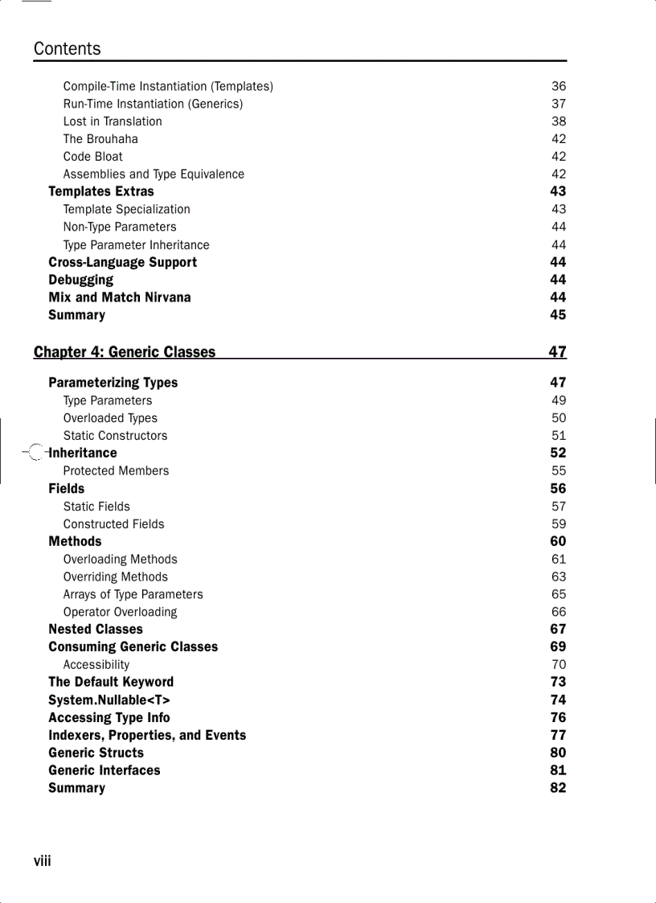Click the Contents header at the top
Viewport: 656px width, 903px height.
(x=68, y=49)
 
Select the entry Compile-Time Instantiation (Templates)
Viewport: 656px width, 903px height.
(x=168, y=86)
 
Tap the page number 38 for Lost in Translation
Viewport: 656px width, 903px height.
(x=558, y=121)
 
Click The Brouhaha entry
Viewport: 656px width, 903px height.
(x=100, y=139)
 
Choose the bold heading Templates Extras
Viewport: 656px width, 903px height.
(x=101, y=191)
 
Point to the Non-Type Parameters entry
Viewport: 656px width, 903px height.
(x=120, y=227)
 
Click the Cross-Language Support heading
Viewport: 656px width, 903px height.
(x=122, y=262)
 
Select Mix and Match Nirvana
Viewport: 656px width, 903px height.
(x=120, y=298)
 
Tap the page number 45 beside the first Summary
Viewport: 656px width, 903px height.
(x=558, y=315)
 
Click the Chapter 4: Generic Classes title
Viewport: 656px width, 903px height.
(x=125, y=352)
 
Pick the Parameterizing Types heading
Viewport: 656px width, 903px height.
(x=113, y=383)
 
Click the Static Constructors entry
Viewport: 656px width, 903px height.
(x=116, y=436)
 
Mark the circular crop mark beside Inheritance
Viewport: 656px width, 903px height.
(x=35, y=454)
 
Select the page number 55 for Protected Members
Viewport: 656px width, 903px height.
(x=558, y=471)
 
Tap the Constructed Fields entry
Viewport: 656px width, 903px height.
(x=114, y=524)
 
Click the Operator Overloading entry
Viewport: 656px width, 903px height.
(x=121, y=612)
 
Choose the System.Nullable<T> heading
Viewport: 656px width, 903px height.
(x=109, y=700)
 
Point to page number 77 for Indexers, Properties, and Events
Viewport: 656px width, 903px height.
(x=558, y=735)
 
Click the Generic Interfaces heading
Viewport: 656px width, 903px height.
(x=105, y=770)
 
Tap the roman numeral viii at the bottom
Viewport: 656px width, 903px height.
(x=43, y=862)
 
